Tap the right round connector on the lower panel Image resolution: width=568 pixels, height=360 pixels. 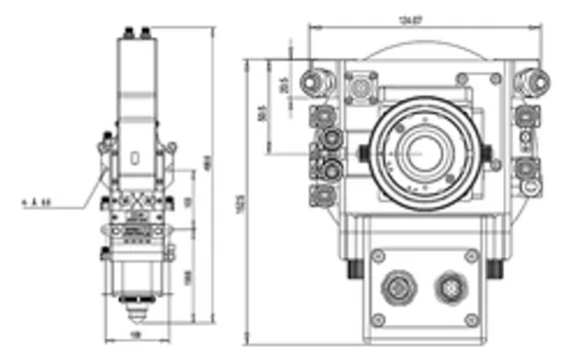click(447, 289)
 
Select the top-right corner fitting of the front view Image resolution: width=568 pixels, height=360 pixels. click(530, 78)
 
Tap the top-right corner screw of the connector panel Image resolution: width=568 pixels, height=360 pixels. click(466, 256)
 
